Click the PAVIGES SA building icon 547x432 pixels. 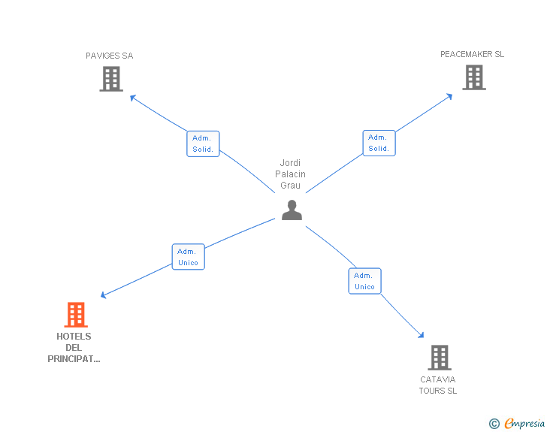point(110,79)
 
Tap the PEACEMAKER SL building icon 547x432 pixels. point(473,77)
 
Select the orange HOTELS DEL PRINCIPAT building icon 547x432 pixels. point(76,315)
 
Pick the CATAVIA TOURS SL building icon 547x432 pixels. point(439,358)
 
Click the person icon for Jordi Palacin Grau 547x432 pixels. point(292,210)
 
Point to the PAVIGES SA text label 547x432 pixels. point(110,56)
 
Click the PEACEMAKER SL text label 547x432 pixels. point(472,54)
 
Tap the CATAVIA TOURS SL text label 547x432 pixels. point(438,385)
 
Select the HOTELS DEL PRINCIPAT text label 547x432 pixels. point(74,348)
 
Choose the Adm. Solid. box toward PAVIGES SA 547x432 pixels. point(203,143)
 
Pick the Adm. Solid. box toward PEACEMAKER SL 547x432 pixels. point(379,143)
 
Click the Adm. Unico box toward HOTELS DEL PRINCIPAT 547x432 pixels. point(188,257)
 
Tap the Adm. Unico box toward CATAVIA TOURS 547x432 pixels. point(364,281)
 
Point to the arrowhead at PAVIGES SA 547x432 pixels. point(132,96)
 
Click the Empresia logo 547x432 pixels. point(524,424)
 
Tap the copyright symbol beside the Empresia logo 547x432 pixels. point(494,424)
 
